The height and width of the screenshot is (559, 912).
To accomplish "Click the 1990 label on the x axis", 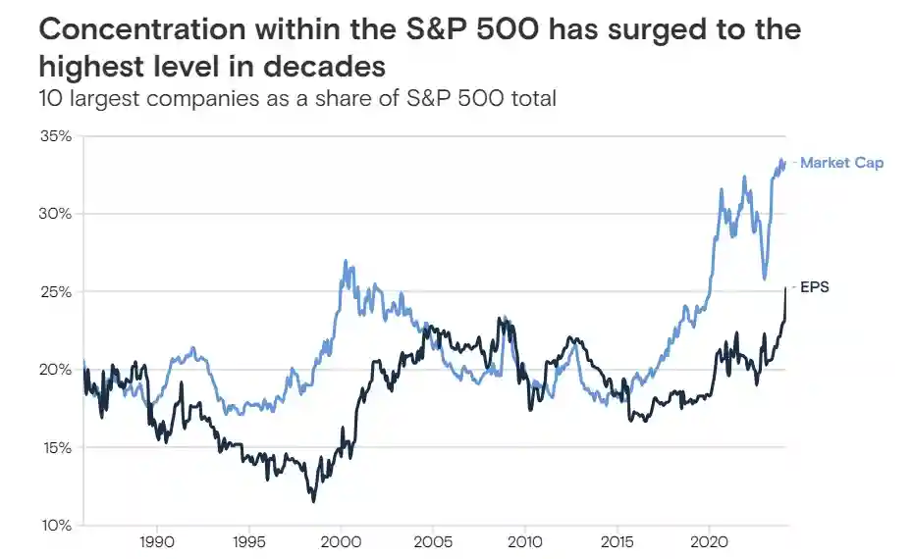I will [x=157, y=541].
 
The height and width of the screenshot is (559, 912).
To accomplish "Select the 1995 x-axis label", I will [x=248, y=541].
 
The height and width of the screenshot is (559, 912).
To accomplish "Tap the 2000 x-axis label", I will [x=341, y=541].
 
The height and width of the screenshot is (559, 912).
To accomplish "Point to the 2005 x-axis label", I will [x=433, y=541].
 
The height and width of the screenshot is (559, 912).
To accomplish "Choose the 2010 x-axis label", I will [x=525, y=541].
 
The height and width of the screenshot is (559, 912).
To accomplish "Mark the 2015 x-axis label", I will [x=617, y=541].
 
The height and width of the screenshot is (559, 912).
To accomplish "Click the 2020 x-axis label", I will [x=709, y=541].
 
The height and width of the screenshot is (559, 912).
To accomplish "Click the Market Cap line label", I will [x=841, y=163].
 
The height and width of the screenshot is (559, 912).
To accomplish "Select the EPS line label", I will [x=815, y=288].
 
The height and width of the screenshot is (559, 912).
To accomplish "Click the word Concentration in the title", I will [x=141, y=29].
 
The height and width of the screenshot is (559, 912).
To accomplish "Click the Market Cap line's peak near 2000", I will [x=345, y=261].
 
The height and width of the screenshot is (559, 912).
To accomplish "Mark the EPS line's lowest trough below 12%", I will [x=313, y=501].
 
